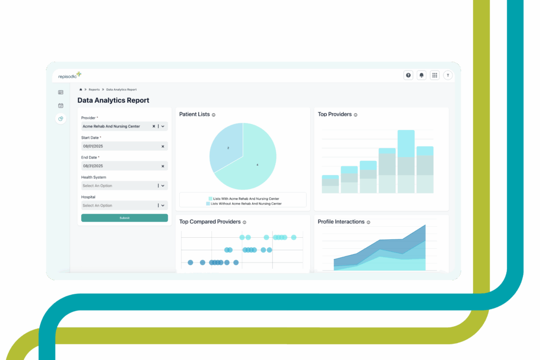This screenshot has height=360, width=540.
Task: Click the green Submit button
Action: point(124,218)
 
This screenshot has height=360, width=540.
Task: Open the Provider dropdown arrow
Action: point(163,127)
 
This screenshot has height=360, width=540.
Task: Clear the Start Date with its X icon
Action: point(162,147)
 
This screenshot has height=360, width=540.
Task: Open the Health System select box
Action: point(124,186)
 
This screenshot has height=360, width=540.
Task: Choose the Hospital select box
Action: point(124,206)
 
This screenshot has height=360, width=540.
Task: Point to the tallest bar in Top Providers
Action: point(406,161)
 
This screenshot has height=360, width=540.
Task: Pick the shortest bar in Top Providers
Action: point(330,184)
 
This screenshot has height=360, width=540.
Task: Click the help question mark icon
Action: point(408,75)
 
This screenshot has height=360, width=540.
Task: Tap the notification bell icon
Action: point(421,75)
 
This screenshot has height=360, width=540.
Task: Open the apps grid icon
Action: point(435,75)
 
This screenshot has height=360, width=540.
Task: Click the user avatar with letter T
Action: point(448,75)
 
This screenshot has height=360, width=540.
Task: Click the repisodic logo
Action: point(70,75)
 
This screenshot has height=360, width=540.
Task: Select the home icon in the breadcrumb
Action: point(81,90)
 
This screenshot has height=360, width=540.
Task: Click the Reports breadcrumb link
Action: point(94,90)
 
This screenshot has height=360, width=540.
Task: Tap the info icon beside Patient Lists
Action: point(214,115)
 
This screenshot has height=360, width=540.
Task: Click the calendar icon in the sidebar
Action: point(61,105)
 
